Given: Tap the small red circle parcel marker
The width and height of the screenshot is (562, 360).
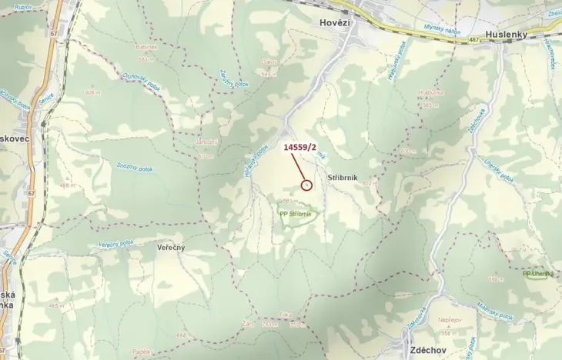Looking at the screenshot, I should tap(306, 185).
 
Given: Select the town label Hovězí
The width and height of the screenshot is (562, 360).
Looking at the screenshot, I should tap(335, 23).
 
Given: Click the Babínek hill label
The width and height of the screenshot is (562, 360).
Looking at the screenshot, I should tap(147, 47).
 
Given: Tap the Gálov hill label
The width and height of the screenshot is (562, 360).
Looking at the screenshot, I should tap(269, 62).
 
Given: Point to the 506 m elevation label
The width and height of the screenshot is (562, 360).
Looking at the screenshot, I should tap(94, 92).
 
